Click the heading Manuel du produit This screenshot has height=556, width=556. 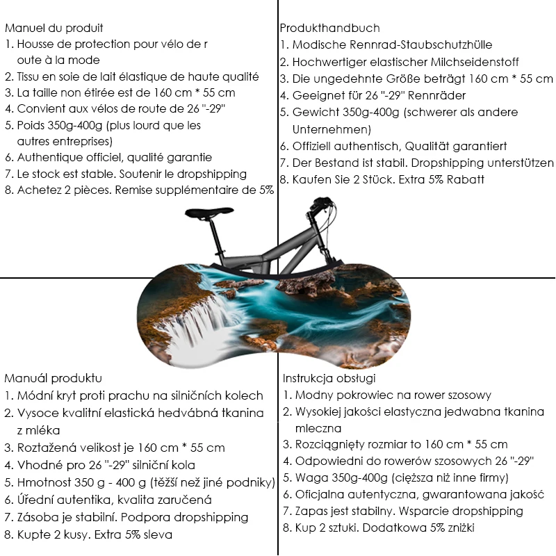tap(54, 28)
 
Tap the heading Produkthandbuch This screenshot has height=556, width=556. tap(329, 28)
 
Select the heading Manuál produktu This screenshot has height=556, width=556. tap(54, 379)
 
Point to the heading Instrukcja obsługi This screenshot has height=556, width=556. tap(329, 379)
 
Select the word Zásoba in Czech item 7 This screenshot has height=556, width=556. tap(37, 518)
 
